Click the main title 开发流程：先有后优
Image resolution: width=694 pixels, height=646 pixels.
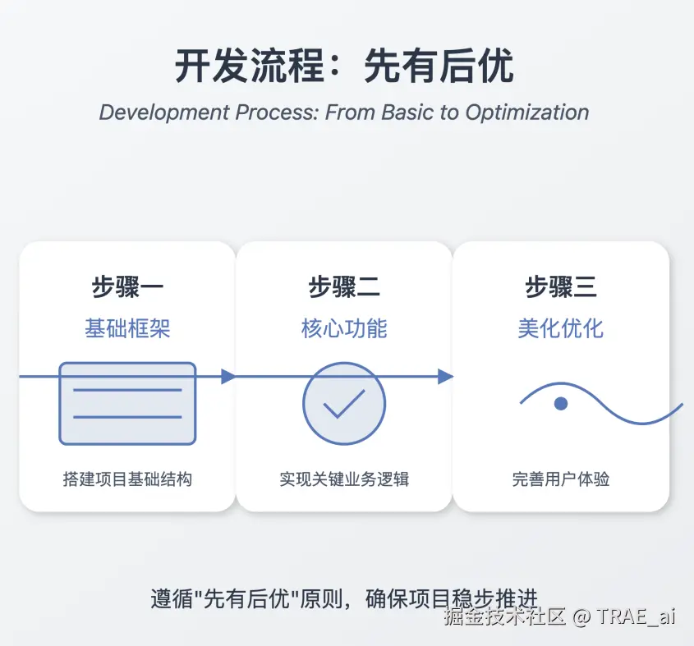pos(344,66)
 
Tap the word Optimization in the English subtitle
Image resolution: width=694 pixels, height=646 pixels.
pos(527,112)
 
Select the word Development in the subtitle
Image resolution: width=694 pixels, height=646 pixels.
pos(164,112)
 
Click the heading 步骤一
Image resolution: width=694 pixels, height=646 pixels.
pos(127,286)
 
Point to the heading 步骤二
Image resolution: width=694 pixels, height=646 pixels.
pos(344,286)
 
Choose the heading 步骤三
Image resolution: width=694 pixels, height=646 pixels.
pos(561,286)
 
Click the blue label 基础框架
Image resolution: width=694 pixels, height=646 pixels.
pos(127,328)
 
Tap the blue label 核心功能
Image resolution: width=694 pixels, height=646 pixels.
pos(344,328)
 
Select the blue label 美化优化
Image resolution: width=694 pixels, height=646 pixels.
pos(561,328)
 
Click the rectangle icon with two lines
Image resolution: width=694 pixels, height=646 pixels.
pos(127,404)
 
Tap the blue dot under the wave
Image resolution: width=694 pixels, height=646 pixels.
pos(561,404)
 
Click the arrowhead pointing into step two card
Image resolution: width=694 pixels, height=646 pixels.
pos(228,377)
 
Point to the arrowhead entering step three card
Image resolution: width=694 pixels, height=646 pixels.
pos(445,377)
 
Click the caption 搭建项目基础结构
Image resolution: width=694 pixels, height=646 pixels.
pos(127,479)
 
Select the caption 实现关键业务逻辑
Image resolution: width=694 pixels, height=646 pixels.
pos(344,479)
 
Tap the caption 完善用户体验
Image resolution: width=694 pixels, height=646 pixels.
pos(561,479)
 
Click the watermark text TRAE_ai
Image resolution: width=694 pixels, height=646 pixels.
pos(636,616)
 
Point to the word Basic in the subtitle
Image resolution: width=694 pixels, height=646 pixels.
pos(407,112)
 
